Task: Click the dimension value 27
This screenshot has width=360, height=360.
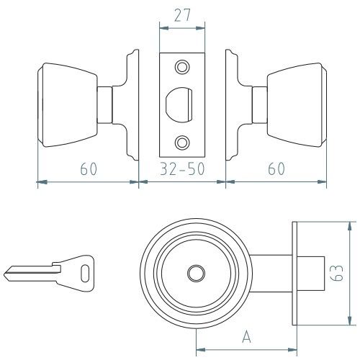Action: click(182, 15)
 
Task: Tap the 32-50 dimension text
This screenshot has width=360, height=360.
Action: click(182, 168)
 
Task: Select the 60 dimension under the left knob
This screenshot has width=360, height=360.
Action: click(89, 168)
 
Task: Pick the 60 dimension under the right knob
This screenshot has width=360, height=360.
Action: click(276, 168)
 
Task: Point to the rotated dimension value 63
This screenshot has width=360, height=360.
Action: click(336, 273)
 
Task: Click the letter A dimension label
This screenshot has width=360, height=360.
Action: click(246, 336)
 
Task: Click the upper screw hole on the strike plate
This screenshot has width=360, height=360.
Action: click(182, 67)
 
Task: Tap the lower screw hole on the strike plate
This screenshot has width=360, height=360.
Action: click(182, 143)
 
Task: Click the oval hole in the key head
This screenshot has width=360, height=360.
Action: click(85, 273)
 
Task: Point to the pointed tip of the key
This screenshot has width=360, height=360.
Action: click(5, 274)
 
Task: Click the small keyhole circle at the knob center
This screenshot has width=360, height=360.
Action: click(196, 274)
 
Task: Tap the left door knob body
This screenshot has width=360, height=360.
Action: click(68, 105)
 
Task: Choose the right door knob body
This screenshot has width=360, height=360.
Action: click(297, 105)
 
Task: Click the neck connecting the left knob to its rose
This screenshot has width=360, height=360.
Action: click(104, 105)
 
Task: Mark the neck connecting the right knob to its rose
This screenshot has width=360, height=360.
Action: click(260, 105)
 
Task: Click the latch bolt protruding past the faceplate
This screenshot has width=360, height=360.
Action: click(311, 274)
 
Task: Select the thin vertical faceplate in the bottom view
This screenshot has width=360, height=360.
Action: click(294, 274)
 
